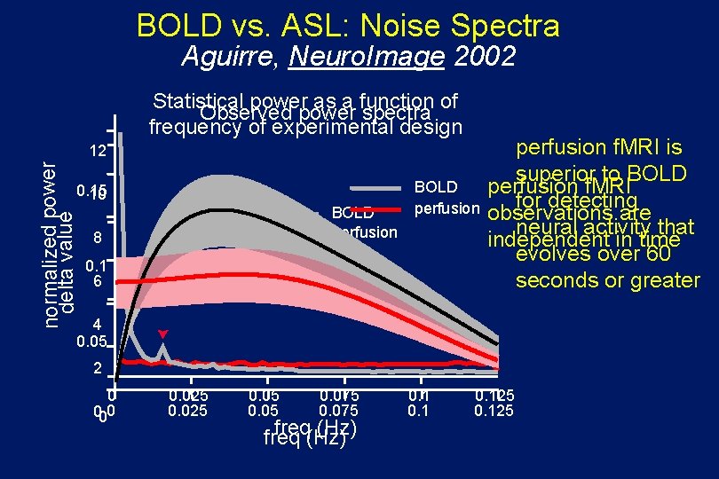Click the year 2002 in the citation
point(485,58)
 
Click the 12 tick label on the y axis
point(98,152)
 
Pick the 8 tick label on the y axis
point(99,239)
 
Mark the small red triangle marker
point(162,334)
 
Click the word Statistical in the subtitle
point(200,100)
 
